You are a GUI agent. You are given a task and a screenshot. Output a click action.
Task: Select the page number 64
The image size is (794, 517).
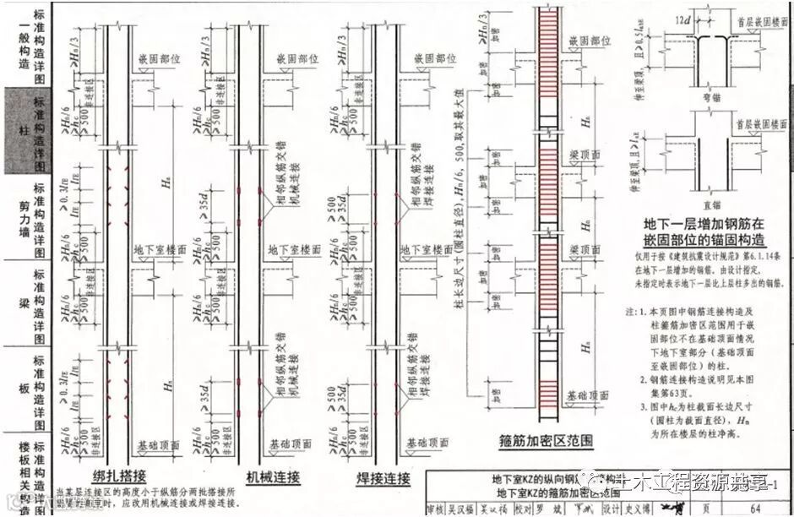tap(754, 506)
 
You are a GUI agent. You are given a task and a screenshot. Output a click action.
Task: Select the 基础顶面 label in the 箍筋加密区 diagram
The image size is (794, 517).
tap(588, 395)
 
